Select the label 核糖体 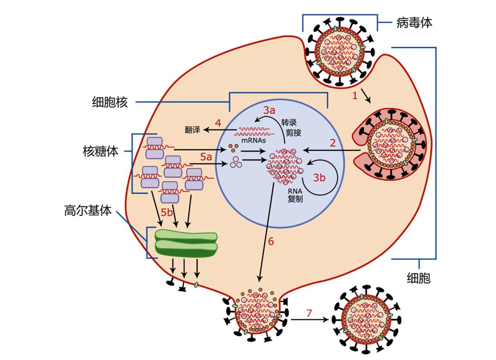coord(100,151)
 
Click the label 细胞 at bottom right coord(419,278)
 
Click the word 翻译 coord(193,130)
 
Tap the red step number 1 coord(355,96)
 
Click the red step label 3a coord(270,109)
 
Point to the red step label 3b coord(319,177)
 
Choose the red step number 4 coord(218,123)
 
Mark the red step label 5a coord(206,157)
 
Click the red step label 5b coord(167,212)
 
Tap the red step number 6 coord(271,241)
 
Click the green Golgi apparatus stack coord(186,243)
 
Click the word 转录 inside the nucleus coord(289,122)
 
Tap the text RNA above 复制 coord(295,190)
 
